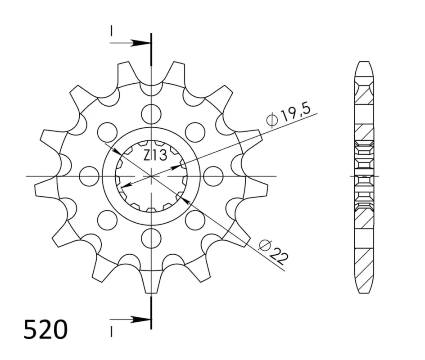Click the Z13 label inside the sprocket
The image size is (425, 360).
click(x=155, y=155)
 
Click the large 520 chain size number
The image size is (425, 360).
click(x=45, y=330)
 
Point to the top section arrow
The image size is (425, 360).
click(x=130, y=43)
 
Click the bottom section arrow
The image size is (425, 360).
click(x=130, y=319)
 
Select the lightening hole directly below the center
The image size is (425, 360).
click(x=151, y=238)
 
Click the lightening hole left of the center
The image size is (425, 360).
click(x=89, y=176)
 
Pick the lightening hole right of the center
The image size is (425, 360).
click(x=213, y=176)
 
